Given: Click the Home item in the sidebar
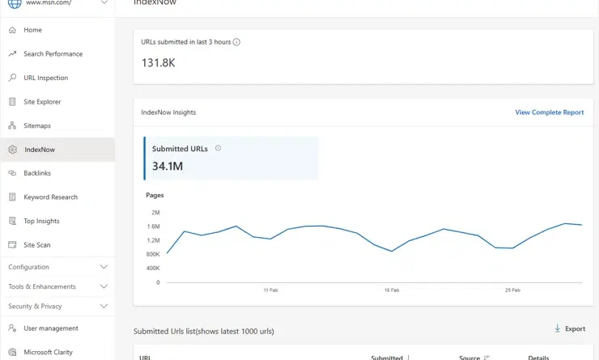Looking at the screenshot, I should (32, 30).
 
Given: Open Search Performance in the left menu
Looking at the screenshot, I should (53, 54).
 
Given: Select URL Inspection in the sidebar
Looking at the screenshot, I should (45, 78).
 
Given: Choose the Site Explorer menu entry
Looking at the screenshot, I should (42, 102).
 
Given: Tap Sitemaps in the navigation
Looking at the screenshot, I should (37, 125).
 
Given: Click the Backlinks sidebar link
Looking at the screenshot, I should (37, 173).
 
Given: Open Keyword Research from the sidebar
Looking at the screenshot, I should (50, 197).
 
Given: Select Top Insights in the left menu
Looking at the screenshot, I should (41, 221).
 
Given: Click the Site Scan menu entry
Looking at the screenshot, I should (37, 245).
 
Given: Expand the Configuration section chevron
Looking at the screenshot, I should (104, 267).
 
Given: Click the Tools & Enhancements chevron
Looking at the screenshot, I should (104, 286).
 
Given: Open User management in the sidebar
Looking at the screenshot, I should (50, 328).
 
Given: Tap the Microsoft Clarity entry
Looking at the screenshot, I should (48, 352).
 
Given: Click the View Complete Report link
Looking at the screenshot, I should (549, 112).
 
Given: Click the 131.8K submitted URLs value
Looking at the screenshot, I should (158, 62).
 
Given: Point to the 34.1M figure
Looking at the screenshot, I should (168, 167).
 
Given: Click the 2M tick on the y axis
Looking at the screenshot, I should (155, 213).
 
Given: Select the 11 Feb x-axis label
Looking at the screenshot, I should (270, 290).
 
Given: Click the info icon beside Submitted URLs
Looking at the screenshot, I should (219, 148).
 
